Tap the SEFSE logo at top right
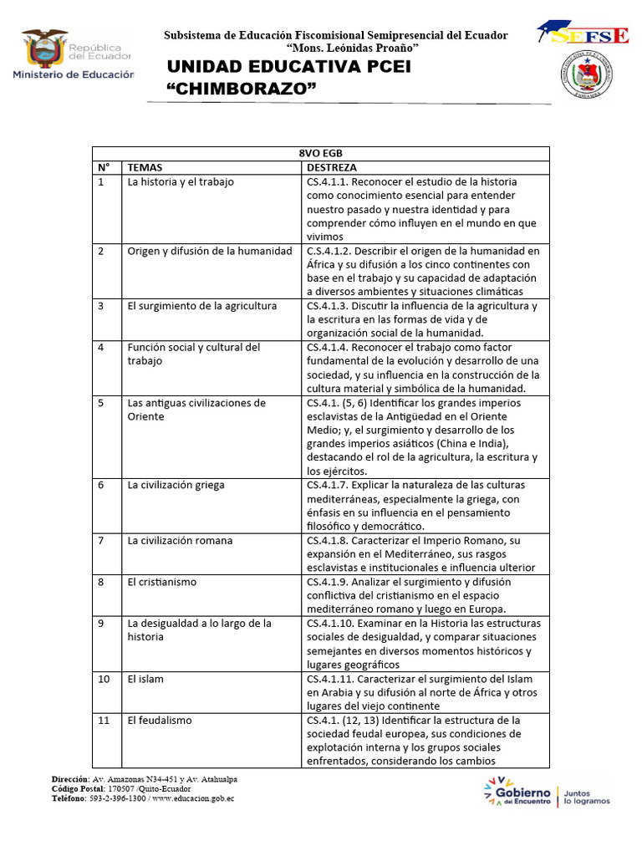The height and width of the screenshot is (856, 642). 583,34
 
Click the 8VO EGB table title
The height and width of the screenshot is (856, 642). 320,153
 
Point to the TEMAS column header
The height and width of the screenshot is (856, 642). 145,167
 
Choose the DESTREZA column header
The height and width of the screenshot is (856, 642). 332,167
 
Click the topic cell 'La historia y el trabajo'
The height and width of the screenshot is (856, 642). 181,181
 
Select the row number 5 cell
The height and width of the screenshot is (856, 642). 101,403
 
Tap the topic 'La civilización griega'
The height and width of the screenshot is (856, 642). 176,485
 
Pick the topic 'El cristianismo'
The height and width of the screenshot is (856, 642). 159,582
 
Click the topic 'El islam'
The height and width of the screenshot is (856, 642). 145,679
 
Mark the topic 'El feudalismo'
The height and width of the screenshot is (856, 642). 160,720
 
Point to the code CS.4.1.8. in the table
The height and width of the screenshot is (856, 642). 332,541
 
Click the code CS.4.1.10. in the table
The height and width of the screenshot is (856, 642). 335,624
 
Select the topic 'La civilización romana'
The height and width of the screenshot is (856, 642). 180,541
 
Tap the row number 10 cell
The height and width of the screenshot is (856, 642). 104,679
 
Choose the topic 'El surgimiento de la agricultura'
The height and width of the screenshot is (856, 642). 201,306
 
